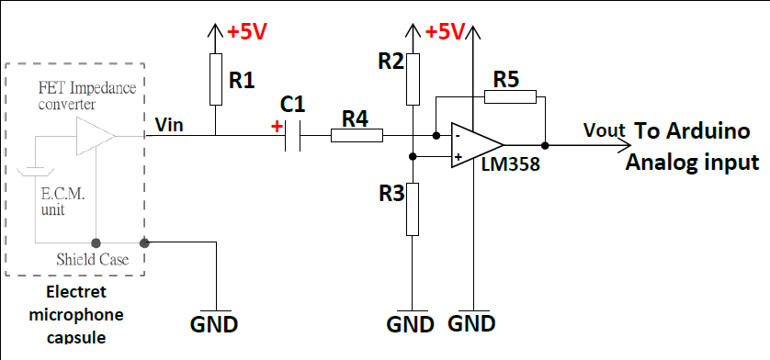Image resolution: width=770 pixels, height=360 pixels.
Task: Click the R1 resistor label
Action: coord(242,80)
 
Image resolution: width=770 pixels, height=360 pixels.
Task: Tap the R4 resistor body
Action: coord(356,137)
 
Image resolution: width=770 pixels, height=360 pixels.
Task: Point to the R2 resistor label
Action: coord(391,62)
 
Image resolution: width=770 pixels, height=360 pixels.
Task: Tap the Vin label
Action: coord(170,125)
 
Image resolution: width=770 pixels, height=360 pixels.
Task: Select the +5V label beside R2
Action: coord(445,32)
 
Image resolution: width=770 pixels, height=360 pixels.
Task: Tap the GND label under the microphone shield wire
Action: coord(214,324)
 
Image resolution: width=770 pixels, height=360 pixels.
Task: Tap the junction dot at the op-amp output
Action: coord(545,145)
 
